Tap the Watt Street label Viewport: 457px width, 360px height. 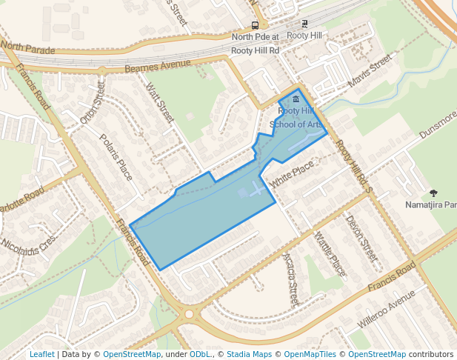tap(160, 103)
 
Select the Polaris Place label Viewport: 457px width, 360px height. tap(116, 157)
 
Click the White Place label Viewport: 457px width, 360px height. tap(292, 176)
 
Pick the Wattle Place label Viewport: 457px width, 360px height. tap(330, 254)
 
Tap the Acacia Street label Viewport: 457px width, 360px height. tap(290, 279)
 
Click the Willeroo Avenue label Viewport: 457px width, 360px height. tap(386, 310)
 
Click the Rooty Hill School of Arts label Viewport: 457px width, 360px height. tap(296, 118)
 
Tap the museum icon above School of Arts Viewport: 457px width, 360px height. tap(296, 99)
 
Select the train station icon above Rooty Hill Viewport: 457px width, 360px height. tap(304, 24)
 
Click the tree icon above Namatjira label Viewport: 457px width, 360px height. tap(433, 193)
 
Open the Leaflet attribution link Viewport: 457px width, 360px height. tap(41, 355)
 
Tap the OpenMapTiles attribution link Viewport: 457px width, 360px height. tap(311, 355)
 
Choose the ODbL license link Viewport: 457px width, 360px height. tap(200, 355)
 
